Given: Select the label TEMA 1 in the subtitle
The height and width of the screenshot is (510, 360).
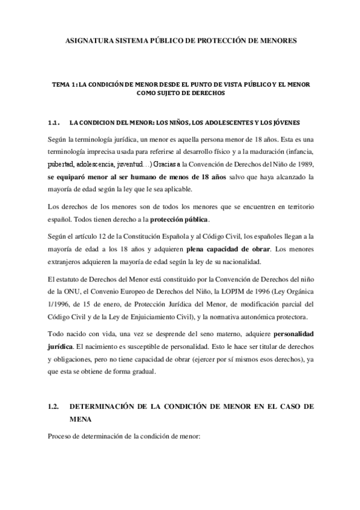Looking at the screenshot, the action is [x=66, y=85].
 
